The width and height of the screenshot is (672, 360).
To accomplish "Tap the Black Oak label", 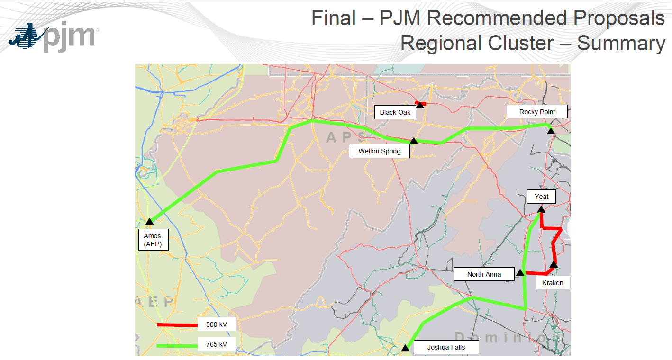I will (x=395, y=113).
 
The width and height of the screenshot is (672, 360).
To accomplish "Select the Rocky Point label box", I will (x=537, y=112).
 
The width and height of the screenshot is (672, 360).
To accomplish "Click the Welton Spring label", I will (x=379, y=152).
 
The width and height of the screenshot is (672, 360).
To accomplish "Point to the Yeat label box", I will (x=541, y=197).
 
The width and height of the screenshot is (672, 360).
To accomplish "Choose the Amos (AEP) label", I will (x=152, y=240).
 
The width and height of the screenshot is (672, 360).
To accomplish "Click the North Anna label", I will (x=484, y=274).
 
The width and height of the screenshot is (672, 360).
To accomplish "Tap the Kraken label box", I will (x=553, y=283).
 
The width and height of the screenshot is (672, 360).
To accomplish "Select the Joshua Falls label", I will (x=446, y=347).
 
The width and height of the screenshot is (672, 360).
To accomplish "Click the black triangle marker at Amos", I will (x=150, y=221).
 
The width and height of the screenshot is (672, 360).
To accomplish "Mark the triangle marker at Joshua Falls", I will (x=405, y=348).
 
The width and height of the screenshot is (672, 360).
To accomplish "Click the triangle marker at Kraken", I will (x=553, y=264).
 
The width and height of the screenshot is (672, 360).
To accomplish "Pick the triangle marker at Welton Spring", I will (x=414, y=141).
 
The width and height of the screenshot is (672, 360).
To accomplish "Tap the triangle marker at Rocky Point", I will (x=551, y=131).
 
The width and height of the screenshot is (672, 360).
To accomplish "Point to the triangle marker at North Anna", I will (x=520, y=272).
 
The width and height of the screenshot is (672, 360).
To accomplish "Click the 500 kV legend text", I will (x=216, y=325).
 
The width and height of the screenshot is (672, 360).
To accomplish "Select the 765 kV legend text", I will (x=216, y=344).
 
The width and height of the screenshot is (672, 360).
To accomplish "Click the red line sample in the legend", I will (x=177, y=325).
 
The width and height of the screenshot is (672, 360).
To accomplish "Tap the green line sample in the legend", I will (x=177, y=345).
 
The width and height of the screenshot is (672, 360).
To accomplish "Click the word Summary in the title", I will (x=621, y=44).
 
